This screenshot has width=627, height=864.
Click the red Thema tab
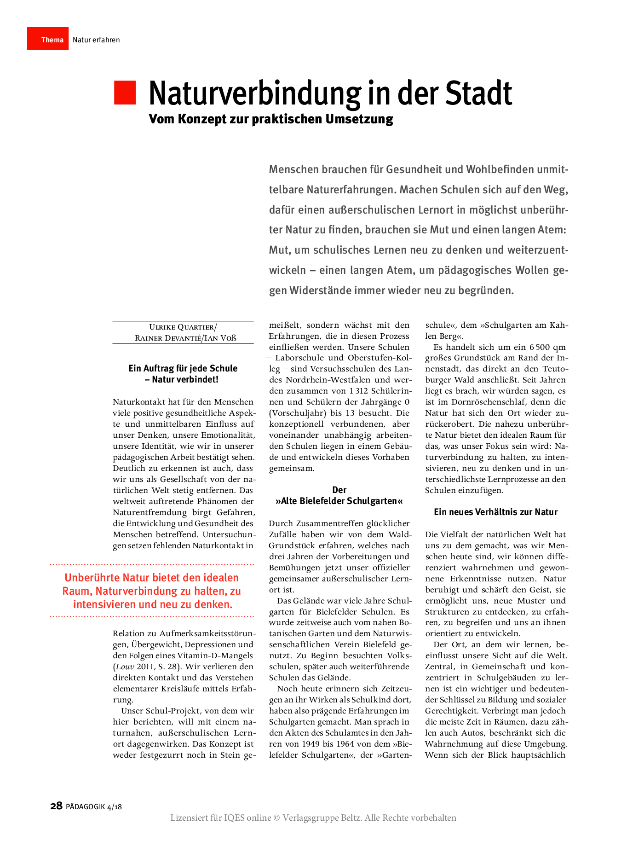point(48,39)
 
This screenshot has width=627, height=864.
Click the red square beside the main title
point(125,93)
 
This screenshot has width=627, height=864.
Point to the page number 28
point(56,806)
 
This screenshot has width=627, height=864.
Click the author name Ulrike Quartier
point(182,327)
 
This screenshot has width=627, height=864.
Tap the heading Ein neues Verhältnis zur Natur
point(495,512)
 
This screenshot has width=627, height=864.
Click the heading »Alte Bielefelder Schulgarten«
point(339,501)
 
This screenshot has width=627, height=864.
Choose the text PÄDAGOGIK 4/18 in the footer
point(93,806)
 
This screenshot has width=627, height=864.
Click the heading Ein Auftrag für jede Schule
point(183,368)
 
